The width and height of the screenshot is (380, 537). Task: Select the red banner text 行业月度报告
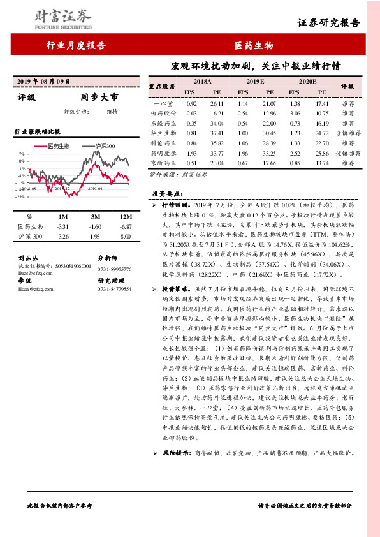[x=76, y=45]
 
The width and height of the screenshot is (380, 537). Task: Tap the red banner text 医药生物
[x=254, y=45]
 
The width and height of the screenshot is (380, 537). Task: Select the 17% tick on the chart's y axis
[x=21, y=154]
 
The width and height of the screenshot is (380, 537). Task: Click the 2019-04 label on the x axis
[x=95, y=189]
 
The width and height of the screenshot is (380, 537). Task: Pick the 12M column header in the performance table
[x=125, y=217]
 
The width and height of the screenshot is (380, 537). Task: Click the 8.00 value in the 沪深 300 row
[x=125, y=237]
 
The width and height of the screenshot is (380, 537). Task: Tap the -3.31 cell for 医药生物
[x=62, y=226]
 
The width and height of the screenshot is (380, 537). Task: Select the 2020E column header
[x=307, y=82]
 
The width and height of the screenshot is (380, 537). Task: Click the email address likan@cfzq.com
[x=30, y=288]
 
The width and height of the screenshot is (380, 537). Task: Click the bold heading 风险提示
[x=177, y=453]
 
